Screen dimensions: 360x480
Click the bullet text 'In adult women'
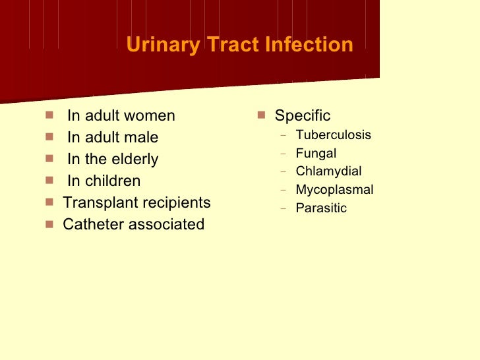(121, 116)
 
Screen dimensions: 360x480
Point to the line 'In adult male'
(113, 138)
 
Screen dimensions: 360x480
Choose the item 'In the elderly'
(113, 160)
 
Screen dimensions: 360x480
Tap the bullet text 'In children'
(104, 181)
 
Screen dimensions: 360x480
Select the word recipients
(176, 202)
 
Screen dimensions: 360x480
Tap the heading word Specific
(302, 116)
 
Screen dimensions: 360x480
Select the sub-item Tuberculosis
(333, 135)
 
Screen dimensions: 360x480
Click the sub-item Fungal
(316, 154)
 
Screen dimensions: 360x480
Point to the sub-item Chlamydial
(328, 171)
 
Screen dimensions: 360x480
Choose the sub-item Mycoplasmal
(334, 190)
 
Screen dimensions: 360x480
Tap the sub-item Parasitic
(320, 208)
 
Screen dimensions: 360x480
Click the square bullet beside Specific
(261, 115)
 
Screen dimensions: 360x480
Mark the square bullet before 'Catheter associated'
(49, 224)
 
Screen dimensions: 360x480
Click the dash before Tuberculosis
(283, 136)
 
